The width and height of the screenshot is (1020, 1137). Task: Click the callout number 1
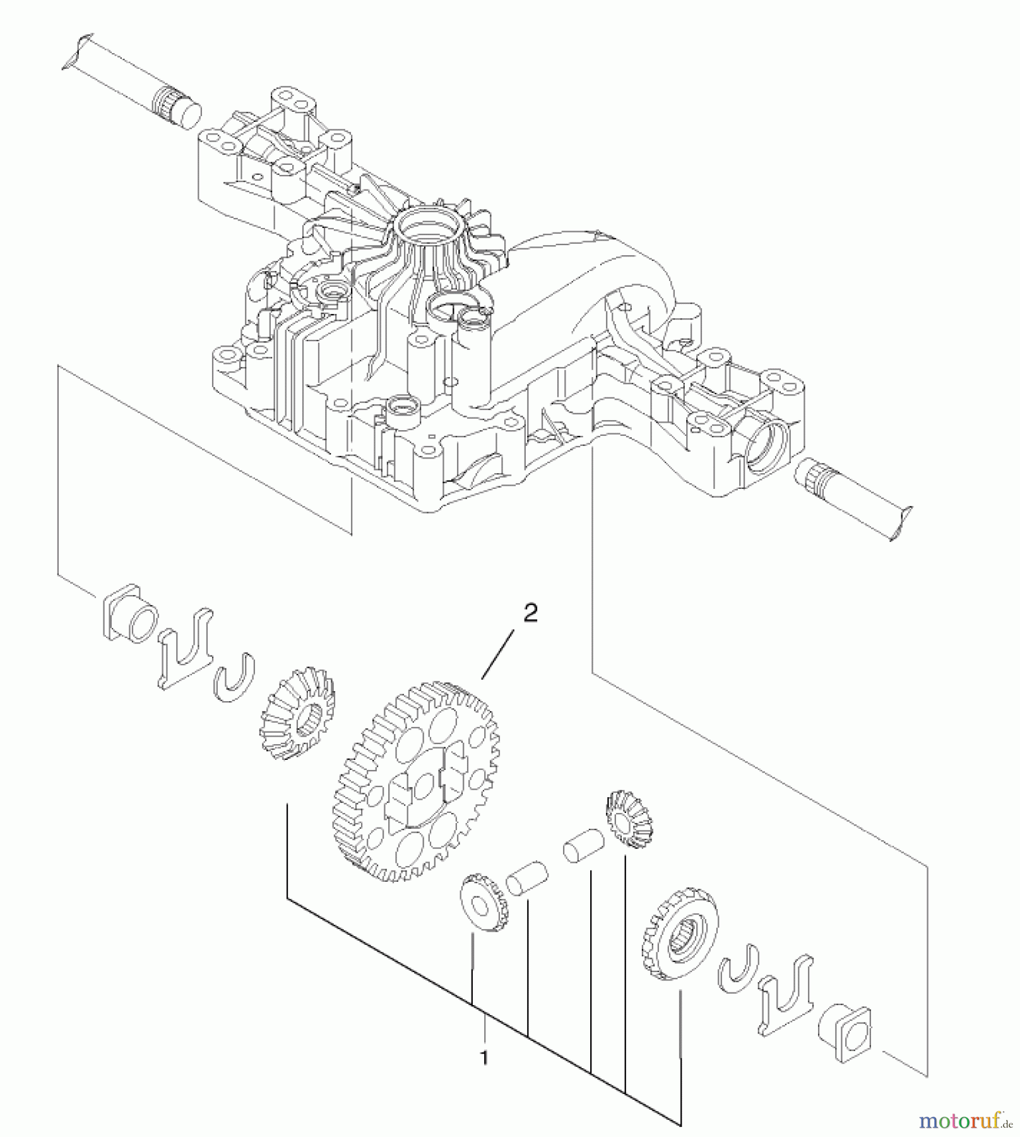(484, 1057)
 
